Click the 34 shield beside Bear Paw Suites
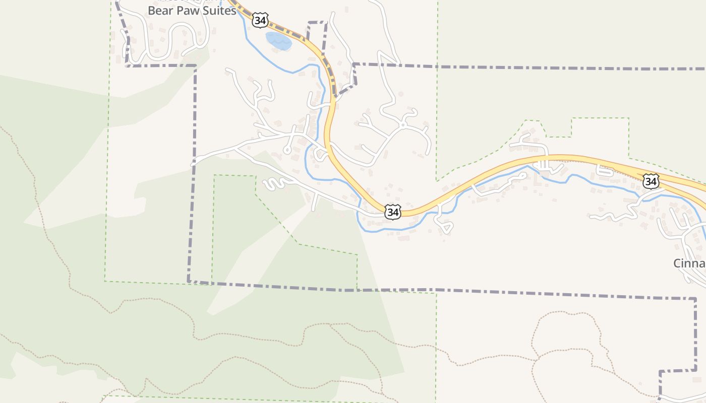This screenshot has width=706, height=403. [260, 21]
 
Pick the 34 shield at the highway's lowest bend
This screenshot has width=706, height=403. [393, 212]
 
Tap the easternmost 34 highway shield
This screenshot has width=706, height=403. [651, 181]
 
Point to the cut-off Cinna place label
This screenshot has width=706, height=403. [689, 263]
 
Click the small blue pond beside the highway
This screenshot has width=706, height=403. [278, 41]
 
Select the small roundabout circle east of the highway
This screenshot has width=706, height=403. [403, 124]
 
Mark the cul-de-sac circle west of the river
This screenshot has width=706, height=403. [287, 150]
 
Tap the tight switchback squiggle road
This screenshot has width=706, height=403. [275, 184]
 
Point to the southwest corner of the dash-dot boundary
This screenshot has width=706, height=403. [189, 281]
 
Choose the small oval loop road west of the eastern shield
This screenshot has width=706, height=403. [605, 171]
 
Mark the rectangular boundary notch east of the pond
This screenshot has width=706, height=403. [317, 23]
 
